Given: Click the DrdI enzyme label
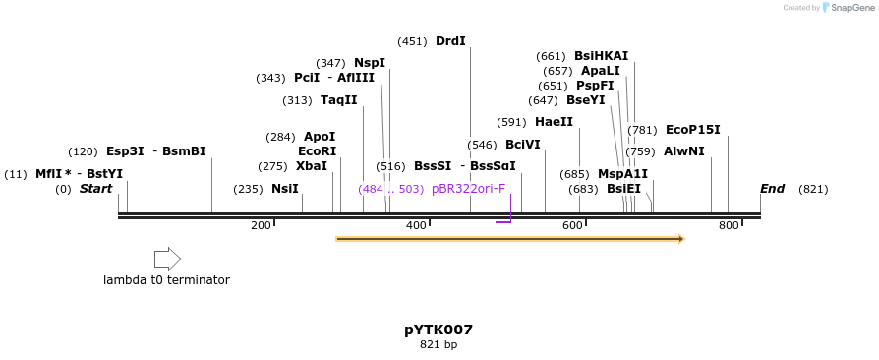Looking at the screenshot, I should (450, 41).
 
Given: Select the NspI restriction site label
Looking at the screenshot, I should (370, 63).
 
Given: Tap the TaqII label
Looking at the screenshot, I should (339, 100).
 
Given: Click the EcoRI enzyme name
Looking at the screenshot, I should (317, 151).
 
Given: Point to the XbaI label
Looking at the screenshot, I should (312, 166).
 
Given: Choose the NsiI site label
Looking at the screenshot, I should (285, 189).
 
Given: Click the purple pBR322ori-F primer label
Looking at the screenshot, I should (468, 189).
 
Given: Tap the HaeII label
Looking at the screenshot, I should (554, 122).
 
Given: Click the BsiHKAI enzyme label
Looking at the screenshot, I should (601, 56).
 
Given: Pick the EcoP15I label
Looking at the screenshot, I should (693, 130).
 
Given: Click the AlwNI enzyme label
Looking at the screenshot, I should (684, 151).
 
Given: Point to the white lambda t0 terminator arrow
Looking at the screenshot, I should (167, 259).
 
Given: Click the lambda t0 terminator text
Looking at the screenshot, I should (166, 280).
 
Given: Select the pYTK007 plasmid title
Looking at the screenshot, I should (439, 330).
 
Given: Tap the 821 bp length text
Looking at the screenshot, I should (439, 345).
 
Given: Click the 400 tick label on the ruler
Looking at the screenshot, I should (416, 226).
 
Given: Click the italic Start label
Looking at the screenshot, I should (96, 189).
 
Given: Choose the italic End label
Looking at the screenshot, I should (772, 189).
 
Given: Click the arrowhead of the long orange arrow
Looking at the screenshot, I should (679, 239).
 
